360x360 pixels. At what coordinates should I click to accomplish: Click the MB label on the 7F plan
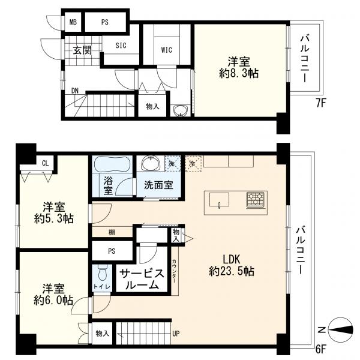tap(73, 22)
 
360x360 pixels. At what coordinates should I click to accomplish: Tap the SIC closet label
tap(121, 45)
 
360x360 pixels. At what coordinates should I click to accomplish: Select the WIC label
tap(167, 50)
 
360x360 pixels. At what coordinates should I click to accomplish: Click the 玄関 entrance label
tap(82, 50)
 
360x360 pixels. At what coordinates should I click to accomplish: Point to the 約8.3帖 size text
tap(239, 73)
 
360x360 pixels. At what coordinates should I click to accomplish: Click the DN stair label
tap(75, 91)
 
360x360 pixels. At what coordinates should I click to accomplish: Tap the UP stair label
tap(176, 334)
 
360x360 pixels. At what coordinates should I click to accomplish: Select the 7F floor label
tap(321, 103)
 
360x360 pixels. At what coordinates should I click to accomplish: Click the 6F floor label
tap(321, 349)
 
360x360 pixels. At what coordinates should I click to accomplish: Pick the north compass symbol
tap(340, 330)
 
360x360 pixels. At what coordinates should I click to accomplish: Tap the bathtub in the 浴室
tap(112, 164)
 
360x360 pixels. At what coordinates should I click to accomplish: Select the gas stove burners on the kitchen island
tap(256, 200)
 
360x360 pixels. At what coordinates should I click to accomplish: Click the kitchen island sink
tap(219, 200)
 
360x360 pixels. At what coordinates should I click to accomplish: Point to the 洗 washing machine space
tap(173, 164)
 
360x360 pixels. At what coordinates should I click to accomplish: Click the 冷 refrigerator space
tap(193, 164)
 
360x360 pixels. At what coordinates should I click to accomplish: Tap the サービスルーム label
tap(142, 279)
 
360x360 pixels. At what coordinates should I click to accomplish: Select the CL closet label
tap(45, 163)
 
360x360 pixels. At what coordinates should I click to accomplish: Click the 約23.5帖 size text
tap(232, 271)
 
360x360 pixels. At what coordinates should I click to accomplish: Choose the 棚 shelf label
tap(112, 232)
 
